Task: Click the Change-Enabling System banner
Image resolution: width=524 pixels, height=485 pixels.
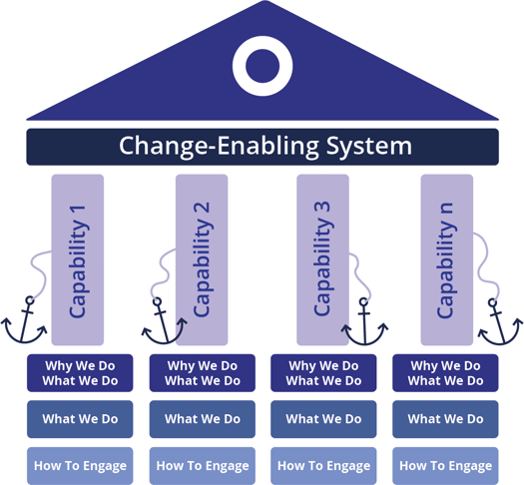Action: click(262, 146)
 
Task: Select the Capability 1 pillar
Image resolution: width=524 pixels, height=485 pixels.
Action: click(78, 259)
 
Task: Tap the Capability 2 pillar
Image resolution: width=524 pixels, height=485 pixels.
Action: click(202, 259)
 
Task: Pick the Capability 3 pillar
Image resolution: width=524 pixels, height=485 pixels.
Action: click(323, 259)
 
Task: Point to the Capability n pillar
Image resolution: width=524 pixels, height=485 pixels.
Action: click(446, 259)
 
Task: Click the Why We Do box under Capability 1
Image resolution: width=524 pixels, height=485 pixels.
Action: click(80, 373)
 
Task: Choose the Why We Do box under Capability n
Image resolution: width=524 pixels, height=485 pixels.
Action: click(445, 373)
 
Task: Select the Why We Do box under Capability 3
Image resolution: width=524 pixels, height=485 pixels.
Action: click(323, 373)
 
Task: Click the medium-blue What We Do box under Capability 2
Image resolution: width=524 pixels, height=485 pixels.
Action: click(202, 419)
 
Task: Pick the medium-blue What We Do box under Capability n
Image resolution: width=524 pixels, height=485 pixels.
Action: click(445, 419)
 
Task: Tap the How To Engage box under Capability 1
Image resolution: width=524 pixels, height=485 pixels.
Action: click(80, 466)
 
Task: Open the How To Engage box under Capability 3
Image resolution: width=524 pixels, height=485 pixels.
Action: click(323, 466)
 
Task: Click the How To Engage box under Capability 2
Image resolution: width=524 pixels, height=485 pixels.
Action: click(202, 466)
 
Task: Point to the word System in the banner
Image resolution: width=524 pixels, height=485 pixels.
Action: click(368, 146)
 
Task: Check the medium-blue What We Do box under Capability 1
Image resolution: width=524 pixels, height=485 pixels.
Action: click(80, 419)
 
